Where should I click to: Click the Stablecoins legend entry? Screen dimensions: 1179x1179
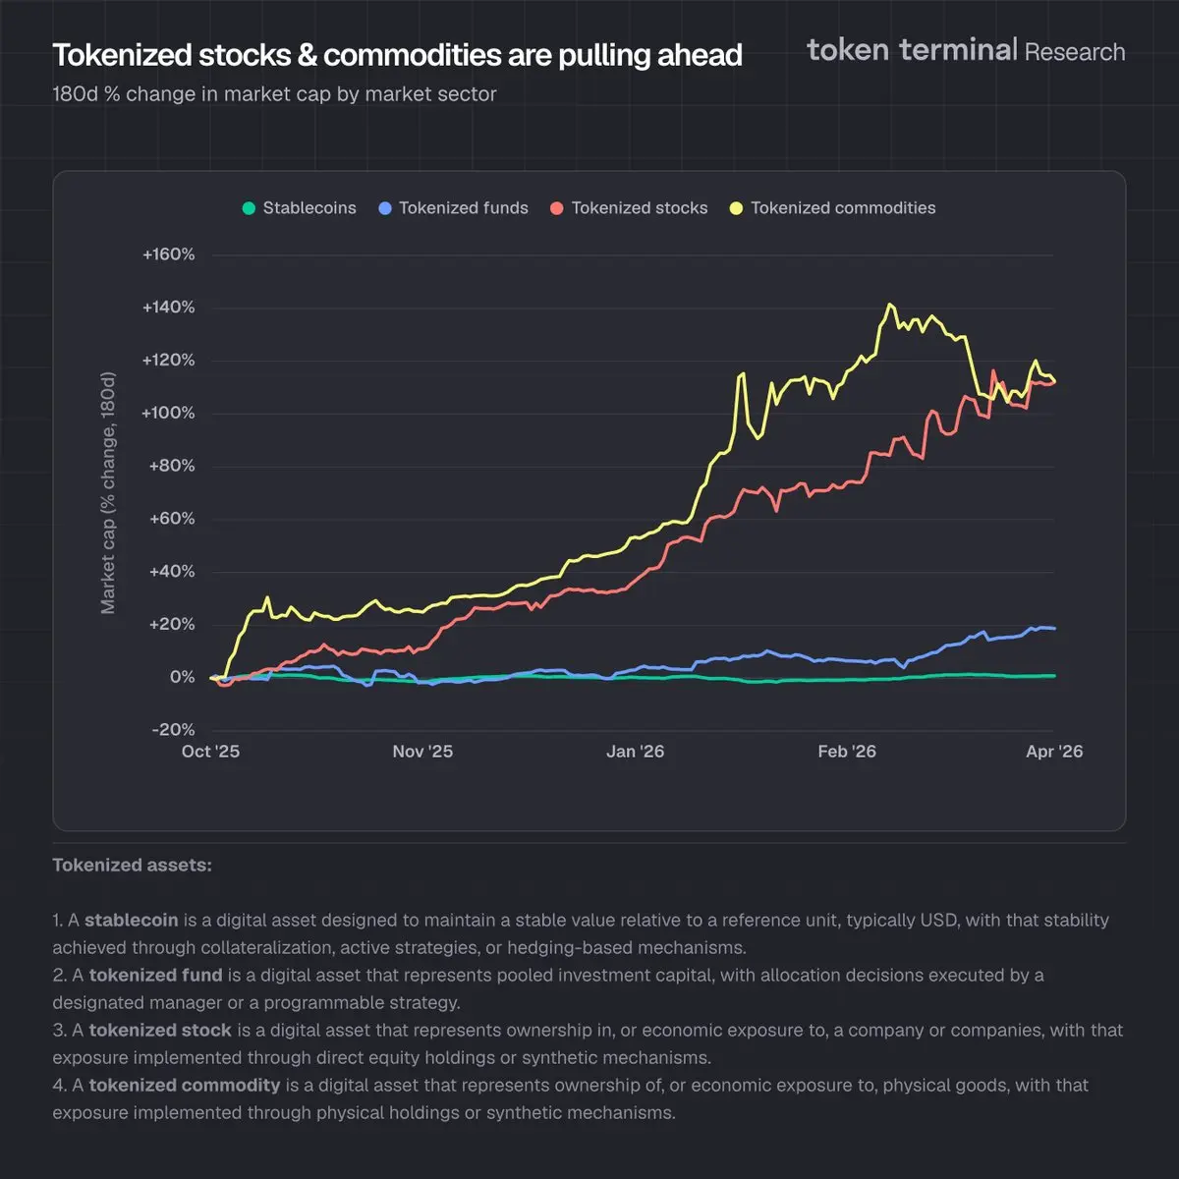pos(300,208)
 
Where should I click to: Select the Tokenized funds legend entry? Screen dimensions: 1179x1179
pos(454,208)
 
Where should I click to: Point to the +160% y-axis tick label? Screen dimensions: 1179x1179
pos(169,254)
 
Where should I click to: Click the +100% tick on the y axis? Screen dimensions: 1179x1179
pos(169,413)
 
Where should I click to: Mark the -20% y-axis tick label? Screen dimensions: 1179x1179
pos(173,730)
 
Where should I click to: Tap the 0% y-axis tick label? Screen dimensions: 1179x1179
pos(182,677)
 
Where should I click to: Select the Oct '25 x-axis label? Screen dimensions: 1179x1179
pos(210,752)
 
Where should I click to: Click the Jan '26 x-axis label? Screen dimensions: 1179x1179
pos(635,752)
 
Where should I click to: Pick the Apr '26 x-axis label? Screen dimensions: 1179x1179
pos(1054,752)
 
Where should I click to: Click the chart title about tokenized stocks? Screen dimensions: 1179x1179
pos(397,55)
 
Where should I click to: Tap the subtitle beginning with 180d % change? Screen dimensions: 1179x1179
pos(274,94)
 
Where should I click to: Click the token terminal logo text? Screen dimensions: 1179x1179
pos(911,50)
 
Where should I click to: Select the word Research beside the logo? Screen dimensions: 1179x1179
pos(1075,52)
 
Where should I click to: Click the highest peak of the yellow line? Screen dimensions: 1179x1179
pos(890,305)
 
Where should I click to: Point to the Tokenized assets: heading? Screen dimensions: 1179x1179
pos(132,866)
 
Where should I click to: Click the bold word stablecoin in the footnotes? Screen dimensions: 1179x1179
pos(131,921)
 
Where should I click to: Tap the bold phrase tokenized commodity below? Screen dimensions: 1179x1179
pos(185,1086)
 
